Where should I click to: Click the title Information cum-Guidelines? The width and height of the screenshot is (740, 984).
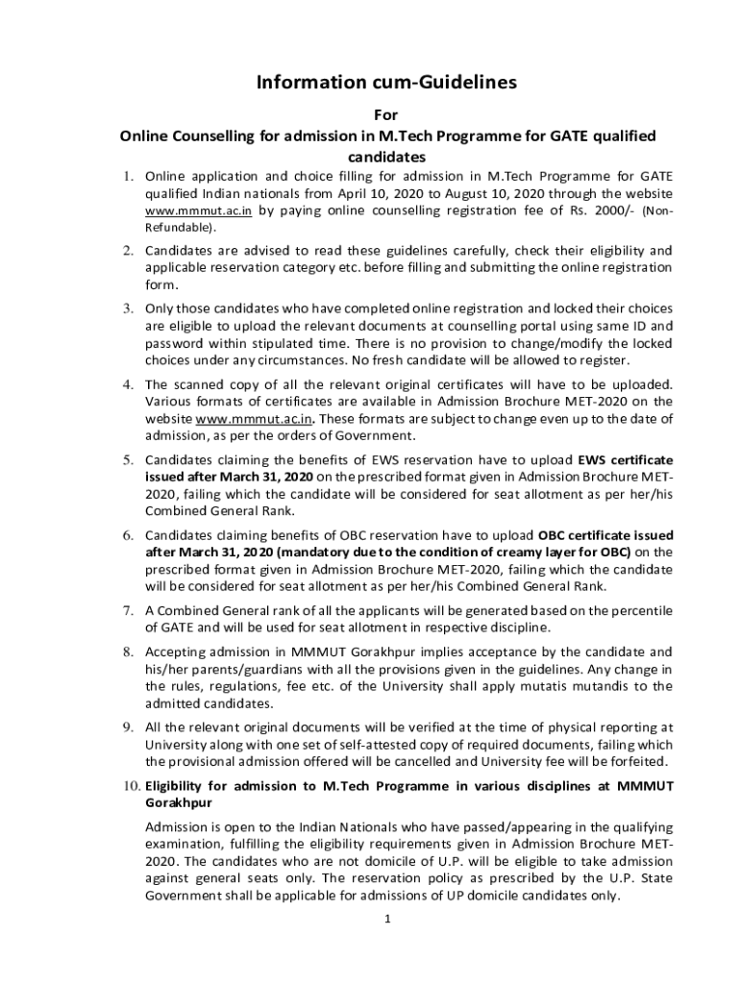(x=385, y=83)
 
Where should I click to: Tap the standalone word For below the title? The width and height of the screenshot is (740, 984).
(x=386, y=114)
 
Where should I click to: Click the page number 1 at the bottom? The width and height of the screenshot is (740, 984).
(x=385, y=918)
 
